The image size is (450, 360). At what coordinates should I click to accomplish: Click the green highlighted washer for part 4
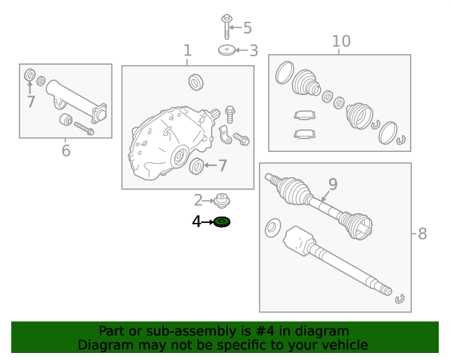click(x=222, y=222)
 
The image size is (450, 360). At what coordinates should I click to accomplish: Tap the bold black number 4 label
click(x=196, y=222)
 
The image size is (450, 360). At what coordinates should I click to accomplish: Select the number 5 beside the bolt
click(x=247, y=28)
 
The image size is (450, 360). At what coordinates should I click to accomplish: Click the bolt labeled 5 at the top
click(x=226, y=26)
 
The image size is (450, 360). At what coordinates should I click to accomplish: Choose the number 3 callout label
click(x=253, y=51)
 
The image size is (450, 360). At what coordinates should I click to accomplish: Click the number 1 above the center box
click(x=187, y=51)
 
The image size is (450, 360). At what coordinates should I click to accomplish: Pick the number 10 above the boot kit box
click(x=340, y=41)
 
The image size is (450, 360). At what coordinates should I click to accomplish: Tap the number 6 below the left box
click(x=65, y=150)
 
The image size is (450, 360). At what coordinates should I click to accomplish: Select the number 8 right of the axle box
click(x=422, y=234)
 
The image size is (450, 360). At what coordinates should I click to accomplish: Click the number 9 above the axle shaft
click(x=333, y=184)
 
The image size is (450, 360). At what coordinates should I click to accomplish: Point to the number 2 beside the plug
click(x=198, y=200)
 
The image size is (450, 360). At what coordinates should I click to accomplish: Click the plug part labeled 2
click(x=223, y=200)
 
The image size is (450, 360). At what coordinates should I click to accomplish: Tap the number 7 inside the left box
click(x=30, y=102)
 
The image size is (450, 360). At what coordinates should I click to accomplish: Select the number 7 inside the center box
click(x=222, y=166)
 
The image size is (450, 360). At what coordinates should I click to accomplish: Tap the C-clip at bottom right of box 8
click(x=399, y=298)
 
